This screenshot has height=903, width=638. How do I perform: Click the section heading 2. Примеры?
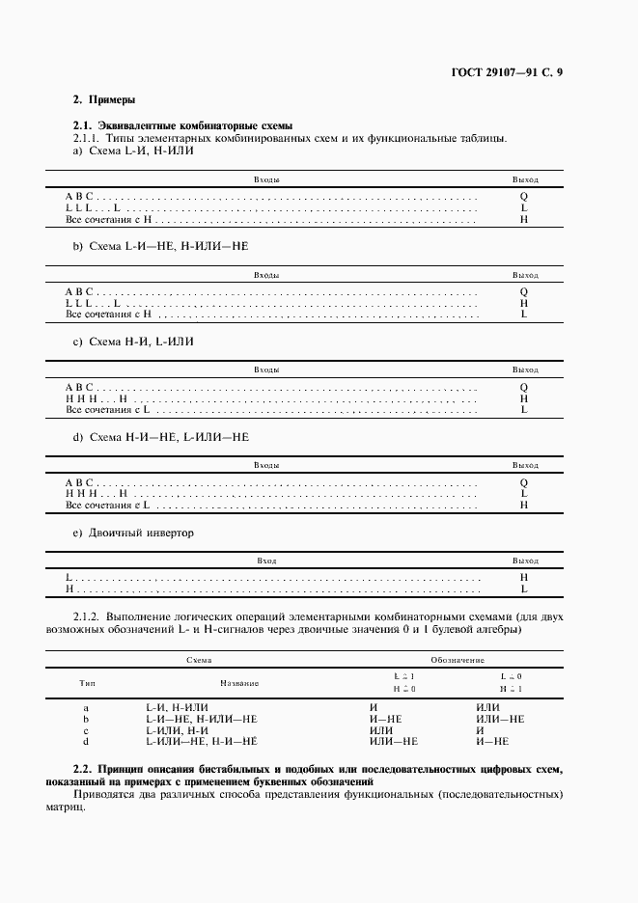(104, 99)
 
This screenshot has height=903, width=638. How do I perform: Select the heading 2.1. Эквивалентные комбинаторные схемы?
(183, 126)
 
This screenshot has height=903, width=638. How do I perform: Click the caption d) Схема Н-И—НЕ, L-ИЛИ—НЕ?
(161, 437)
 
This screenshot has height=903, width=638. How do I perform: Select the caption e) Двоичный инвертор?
(134, 533)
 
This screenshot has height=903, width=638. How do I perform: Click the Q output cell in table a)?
(524, 196)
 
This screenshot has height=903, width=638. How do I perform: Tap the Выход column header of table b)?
(525, 275)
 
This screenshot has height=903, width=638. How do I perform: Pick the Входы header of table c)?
(267, 369)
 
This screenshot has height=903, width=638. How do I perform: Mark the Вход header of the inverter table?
(267, 561)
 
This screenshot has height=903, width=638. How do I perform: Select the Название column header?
(240, 682)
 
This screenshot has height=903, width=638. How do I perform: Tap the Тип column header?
(87, 682)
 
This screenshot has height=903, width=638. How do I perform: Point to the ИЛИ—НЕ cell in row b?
(500, 720)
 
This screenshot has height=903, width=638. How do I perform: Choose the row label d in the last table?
(87, 741)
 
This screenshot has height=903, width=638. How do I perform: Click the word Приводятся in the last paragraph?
(104, 795)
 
